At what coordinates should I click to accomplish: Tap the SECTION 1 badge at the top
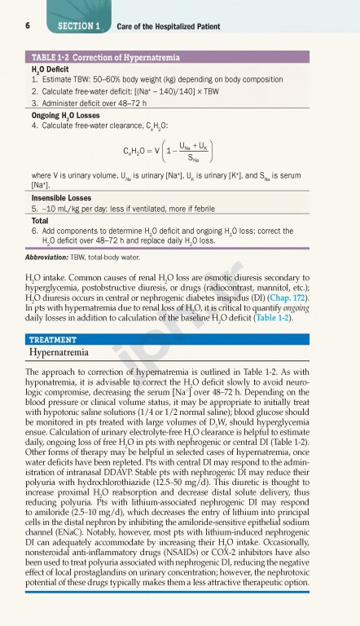click(x=78, y=27)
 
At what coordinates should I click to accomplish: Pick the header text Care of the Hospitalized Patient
click(x=168, y=27)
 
